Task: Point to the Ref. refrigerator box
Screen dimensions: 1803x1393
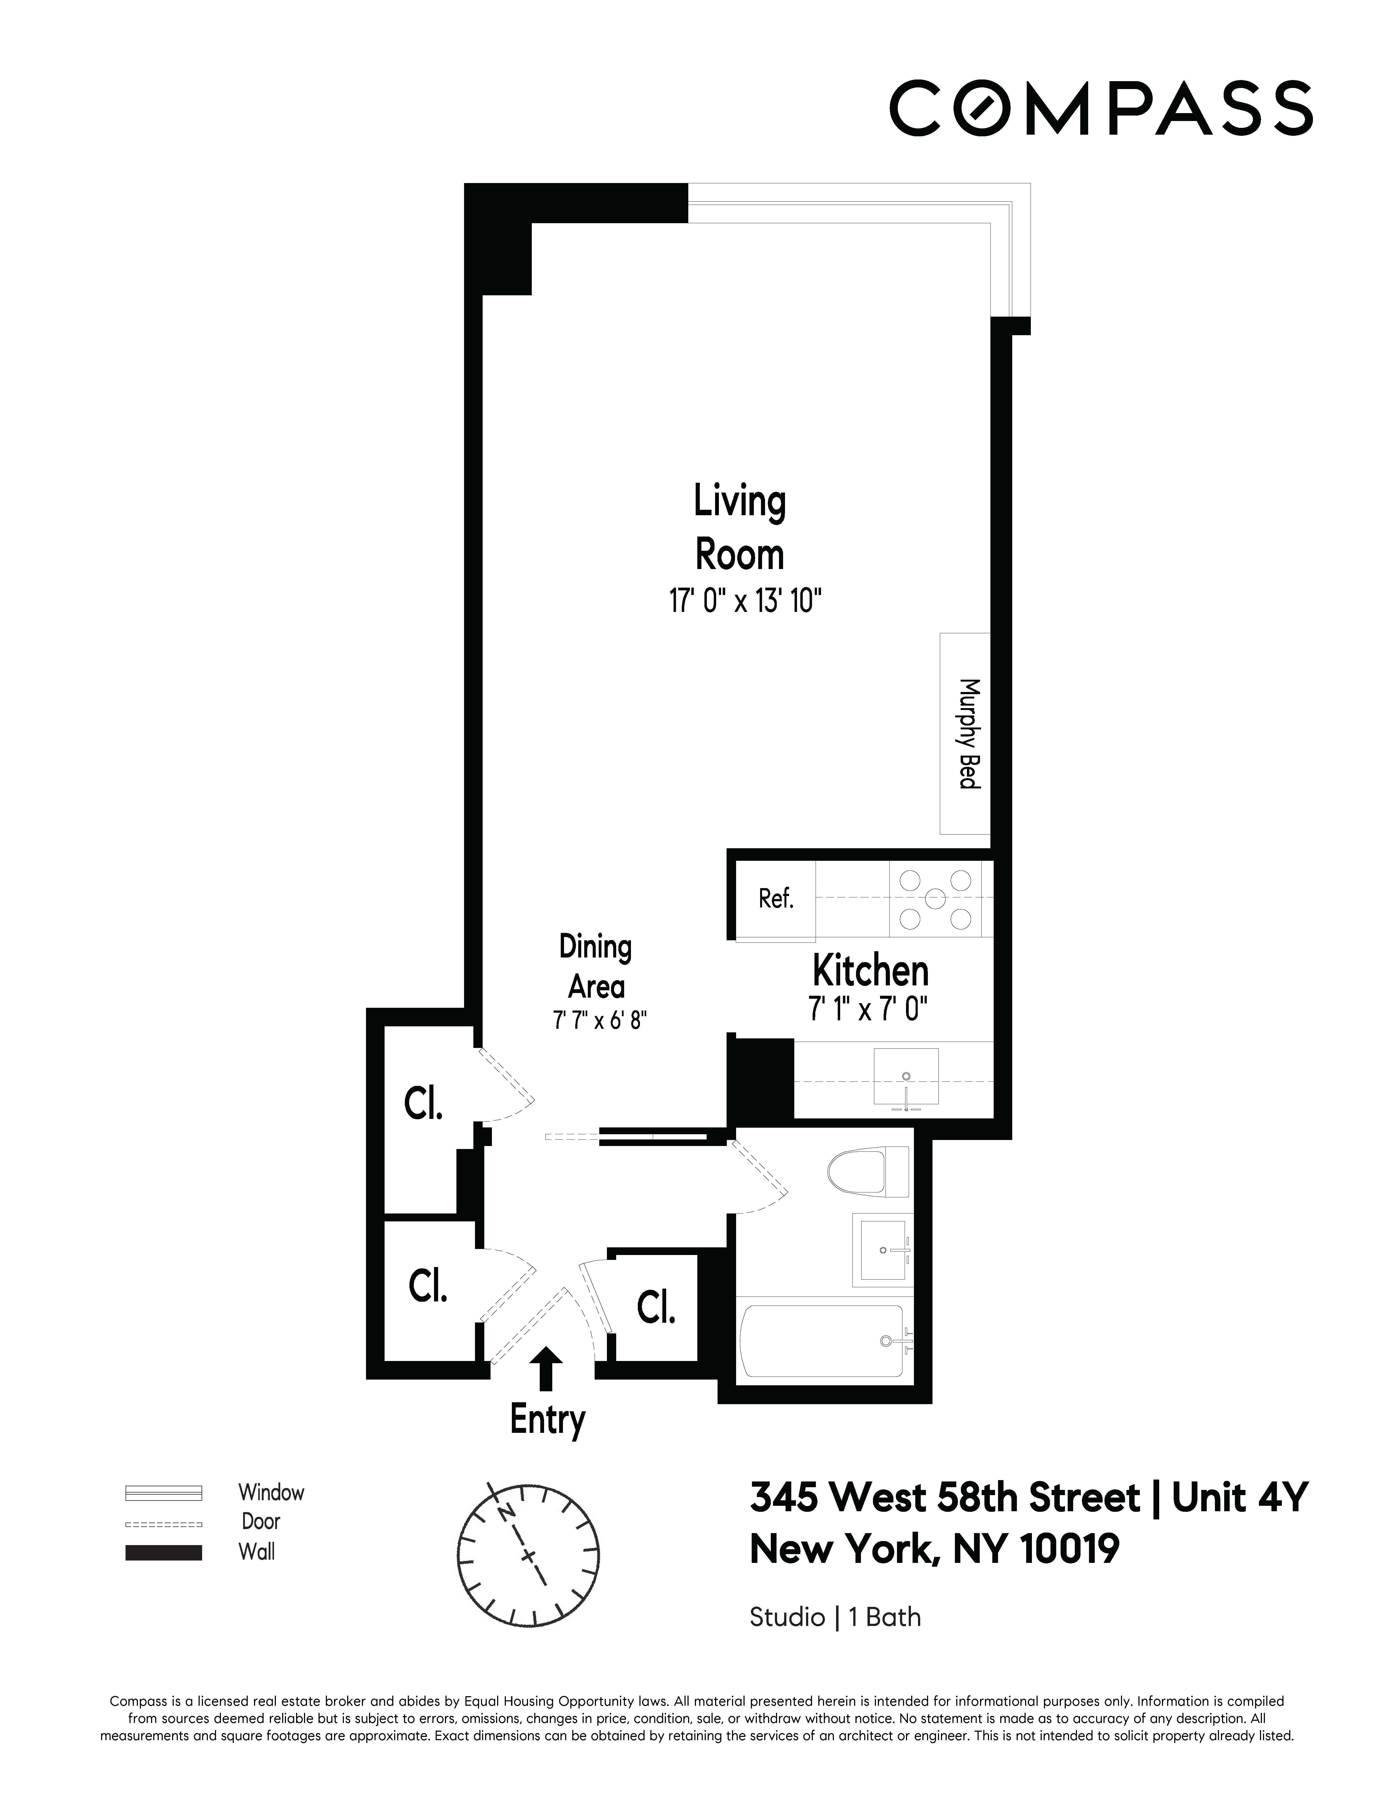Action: click(775, 899)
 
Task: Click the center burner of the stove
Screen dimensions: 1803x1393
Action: click(935, 898)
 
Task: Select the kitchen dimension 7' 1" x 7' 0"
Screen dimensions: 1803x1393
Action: click(868, 1009)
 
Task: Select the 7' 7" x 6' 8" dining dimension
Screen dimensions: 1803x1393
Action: click(599, 1020)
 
